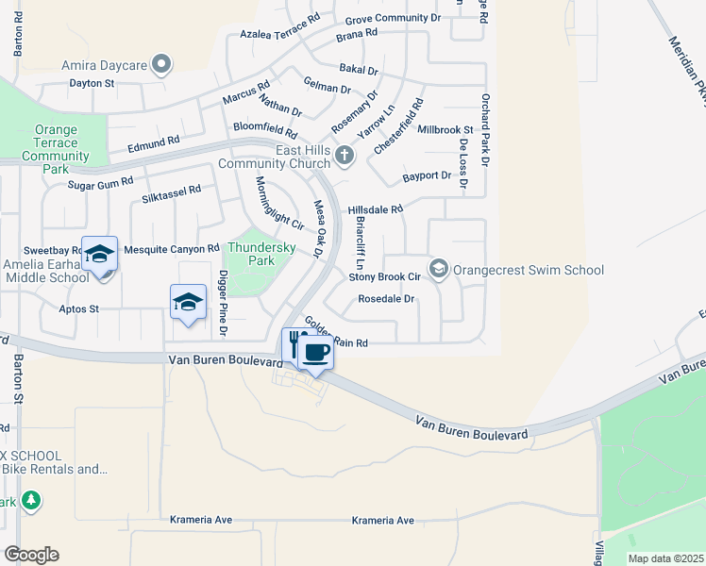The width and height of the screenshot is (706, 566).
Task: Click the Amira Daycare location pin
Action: [x=162, y=65]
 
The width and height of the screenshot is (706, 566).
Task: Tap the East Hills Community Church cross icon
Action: [x=345, y=156]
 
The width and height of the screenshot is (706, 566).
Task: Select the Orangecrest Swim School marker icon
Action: [x=438, y=270]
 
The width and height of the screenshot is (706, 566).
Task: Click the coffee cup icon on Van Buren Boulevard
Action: [x=315, y=353]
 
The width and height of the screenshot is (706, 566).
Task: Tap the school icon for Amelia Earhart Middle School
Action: [x=99, y=255]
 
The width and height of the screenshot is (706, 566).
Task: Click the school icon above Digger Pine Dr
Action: [x=188, y=303]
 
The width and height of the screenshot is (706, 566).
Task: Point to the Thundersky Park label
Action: [x=248, y=253]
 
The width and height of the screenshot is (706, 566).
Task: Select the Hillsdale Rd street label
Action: [x=376, y=209]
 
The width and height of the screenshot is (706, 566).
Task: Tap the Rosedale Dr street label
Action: [x=386, y=299]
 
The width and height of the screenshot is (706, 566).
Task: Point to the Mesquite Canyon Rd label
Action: [x=172, y=248]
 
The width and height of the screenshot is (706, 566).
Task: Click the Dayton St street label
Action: [x=92, y=83]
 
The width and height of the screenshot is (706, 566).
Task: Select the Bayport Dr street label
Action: [x=427, y=175]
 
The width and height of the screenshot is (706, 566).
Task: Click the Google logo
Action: [x=31, y=555]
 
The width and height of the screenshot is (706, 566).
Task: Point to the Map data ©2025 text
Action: [x=664, y=558]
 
